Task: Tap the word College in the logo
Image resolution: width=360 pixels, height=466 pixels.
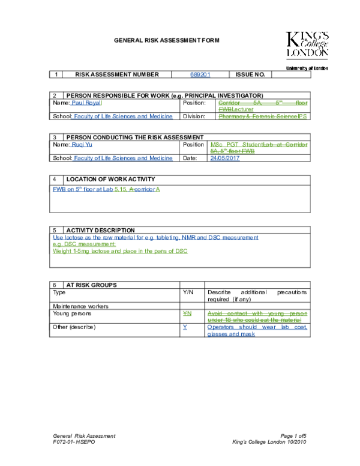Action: click(315, 46)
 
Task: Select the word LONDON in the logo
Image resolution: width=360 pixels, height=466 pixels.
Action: click(307, 53)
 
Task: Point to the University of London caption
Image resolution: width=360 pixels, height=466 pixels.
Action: click(307, 68)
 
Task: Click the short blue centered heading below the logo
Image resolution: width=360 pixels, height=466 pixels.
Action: click(200, 75)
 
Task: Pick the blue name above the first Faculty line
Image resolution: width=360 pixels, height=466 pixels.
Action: click(86, 103)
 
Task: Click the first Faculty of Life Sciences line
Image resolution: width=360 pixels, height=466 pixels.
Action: click(122, 116)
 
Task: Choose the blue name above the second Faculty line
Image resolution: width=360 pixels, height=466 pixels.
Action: click(82, 144)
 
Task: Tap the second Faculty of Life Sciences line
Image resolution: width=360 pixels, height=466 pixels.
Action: click(122, 157)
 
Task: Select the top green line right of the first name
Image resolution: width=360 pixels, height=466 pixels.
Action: click(262, 103)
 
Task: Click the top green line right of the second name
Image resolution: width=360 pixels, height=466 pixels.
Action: click(259, 144)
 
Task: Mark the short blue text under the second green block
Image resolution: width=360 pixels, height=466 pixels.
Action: click(224, 157)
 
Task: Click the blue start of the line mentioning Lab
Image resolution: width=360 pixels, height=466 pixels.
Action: click(89, 189)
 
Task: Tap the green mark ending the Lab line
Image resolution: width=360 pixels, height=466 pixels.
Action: click(157, 189)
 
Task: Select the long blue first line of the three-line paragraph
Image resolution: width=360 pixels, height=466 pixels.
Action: click(155, 237)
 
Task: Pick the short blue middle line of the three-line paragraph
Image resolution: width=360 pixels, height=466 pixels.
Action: click(84, 244)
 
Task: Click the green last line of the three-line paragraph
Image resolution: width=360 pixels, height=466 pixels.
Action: click(120, 251)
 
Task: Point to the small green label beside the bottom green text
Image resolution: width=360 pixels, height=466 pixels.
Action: click(187, 313)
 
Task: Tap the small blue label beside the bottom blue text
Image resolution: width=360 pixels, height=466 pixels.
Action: click(185, 327)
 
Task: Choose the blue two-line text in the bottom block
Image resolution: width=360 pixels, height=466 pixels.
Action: click(257, 330)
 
